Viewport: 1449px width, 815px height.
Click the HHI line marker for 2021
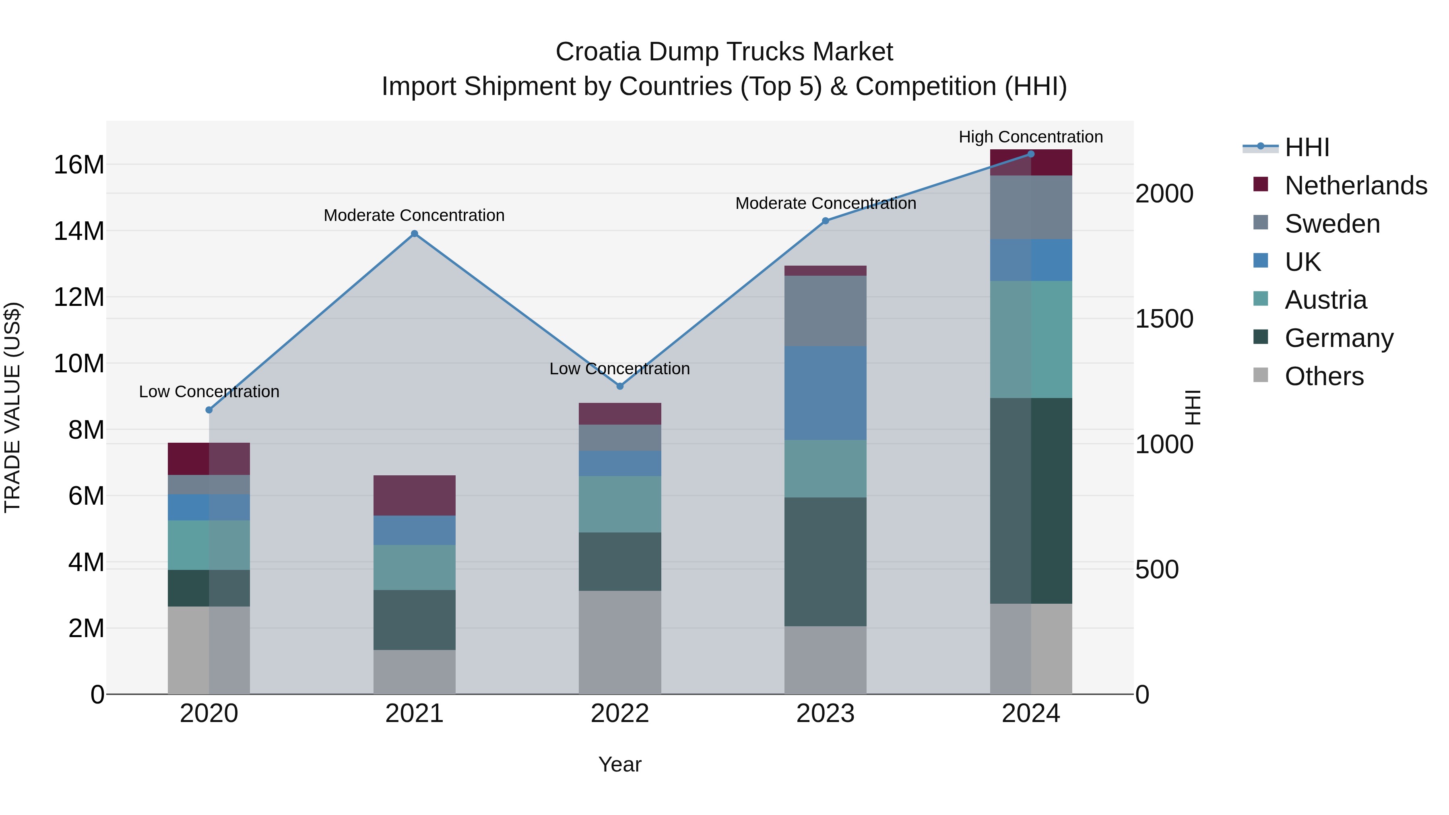(415, 233)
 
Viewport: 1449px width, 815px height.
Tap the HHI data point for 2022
(620, 386)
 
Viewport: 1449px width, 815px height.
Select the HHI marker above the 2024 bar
(1031, 154)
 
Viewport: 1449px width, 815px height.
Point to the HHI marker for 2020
(209, 410)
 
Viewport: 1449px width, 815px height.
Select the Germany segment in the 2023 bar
(825, 561)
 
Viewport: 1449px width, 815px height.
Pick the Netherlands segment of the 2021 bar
(415, 495)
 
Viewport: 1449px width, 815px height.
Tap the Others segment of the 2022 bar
(620, 642)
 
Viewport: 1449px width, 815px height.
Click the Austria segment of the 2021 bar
(415, 567)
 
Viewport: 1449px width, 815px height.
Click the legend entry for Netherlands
(1356, 186)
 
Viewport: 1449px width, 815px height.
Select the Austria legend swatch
(1261, 299)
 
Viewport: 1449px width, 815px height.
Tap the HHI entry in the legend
(1307, 147)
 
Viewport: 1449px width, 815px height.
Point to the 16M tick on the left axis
(79, 165)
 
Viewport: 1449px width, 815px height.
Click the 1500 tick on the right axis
(1164, 319)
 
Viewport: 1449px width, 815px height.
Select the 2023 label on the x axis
(825, 714)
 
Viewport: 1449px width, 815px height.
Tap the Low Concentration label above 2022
(619, 369)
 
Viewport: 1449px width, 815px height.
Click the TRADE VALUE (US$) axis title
(13, 407)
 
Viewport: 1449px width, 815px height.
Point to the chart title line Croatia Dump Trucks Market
(724, 52)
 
